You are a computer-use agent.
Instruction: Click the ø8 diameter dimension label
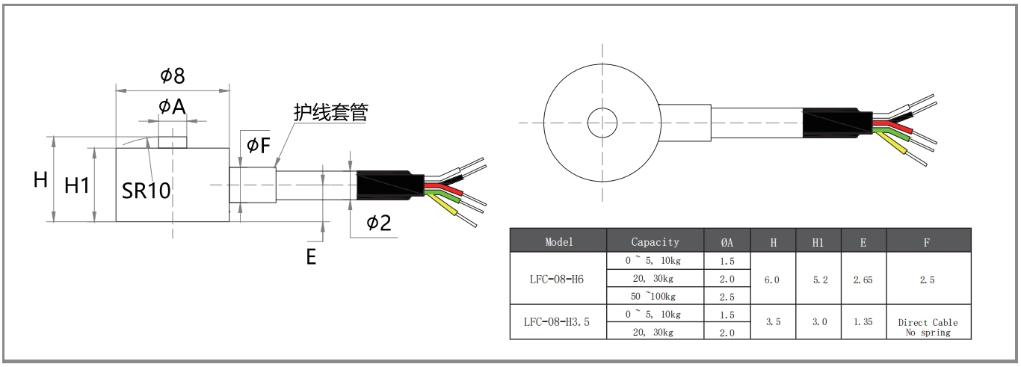tap(172, 75)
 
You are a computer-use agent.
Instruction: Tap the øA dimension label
tap(171, 107)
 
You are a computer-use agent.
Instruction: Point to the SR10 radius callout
tap(146, 190)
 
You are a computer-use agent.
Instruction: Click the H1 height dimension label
tap(77, 185)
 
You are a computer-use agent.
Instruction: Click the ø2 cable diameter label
tap(378, 222)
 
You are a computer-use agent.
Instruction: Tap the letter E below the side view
tap(311, 256)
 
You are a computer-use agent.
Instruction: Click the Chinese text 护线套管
tap(330, 112)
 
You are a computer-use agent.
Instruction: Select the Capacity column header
tap(655, 241)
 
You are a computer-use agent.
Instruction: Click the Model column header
tap(559, 241)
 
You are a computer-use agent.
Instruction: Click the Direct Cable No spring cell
tap(928, 327)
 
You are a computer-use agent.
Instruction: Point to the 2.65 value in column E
tap(863, 279)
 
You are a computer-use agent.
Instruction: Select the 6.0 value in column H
tap(773, 279)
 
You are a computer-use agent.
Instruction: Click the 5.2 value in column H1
tap(818, 279)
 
